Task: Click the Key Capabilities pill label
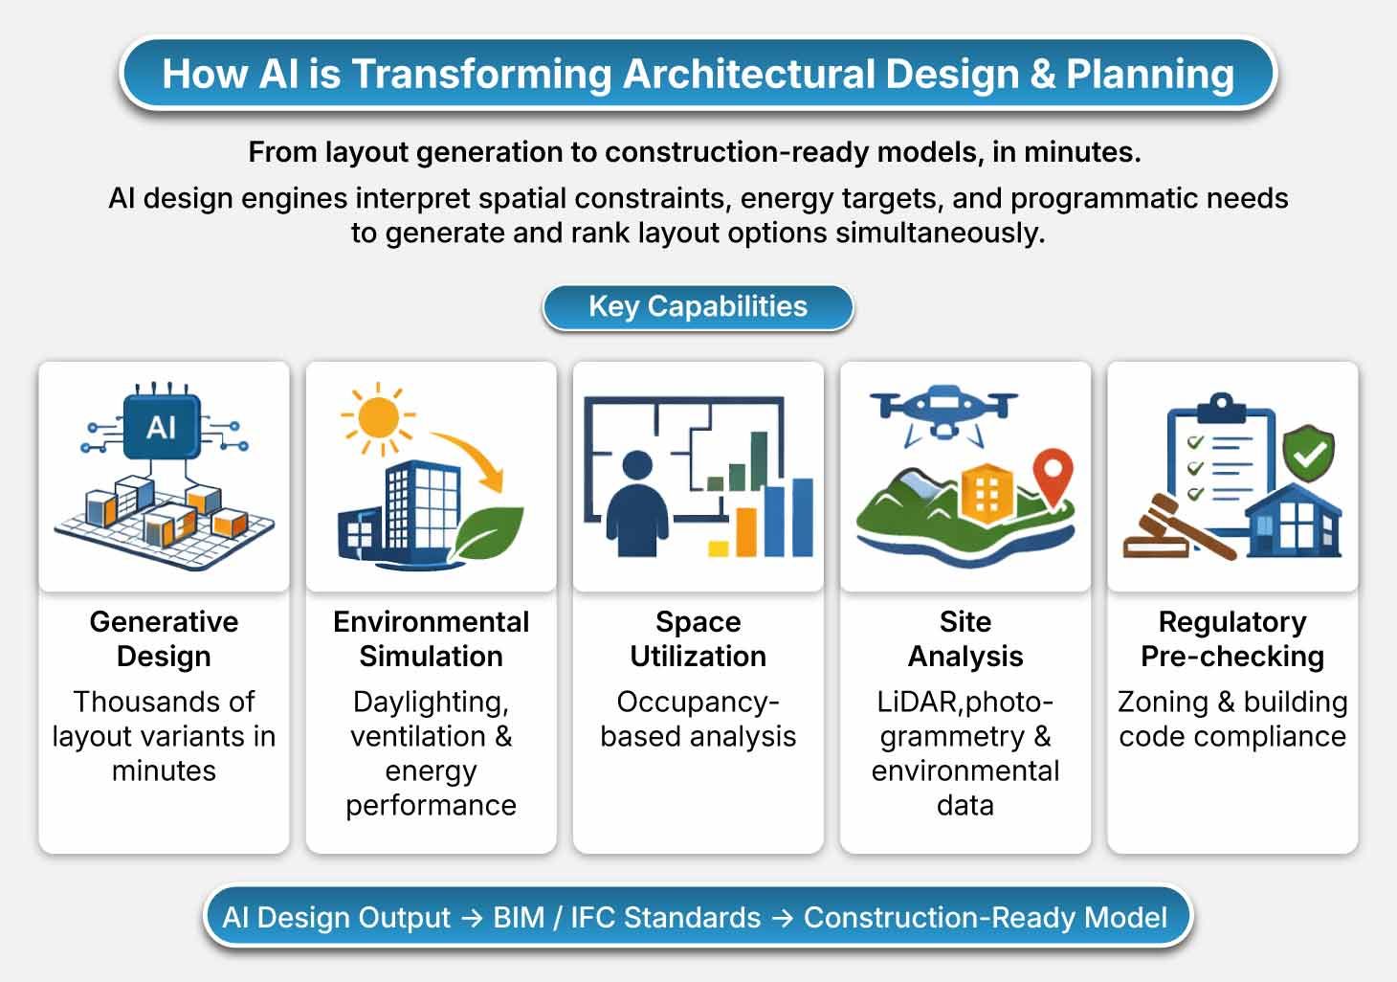698,306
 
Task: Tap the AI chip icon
162,427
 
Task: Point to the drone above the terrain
944,413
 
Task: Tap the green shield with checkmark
1308,453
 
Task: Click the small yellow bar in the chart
719,548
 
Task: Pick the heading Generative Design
164,638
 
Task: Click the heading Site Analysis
965,638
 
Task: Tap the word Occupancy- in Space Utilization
698,702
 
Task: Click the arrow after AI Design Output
472,918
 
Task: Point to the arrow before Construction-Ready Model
782,918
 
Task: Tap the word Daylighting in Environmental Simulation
431,703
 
